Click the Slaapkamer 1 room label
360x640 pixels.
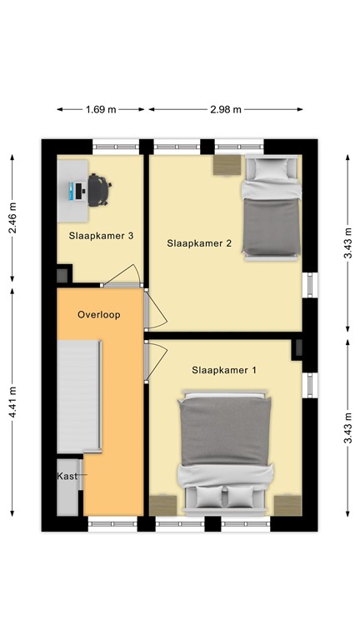pyautogui.click(x=224, y=370)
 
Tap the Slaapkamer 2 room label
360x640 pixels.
pyautogui.click(x=199, y=243)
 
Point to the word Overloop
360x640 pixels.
pyautogui.click(x=99, y=315)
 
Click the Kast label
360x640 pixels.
pyautogui.click(x=67, y=476)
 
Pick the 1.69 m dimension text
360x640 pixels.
pyautogui.click(x=101, y=109)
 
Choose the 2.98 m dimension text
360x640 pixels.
pyautogui.click(x=226, y=109)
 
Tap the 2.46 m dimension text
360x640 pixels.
pyautogui.click(x=13, y=218)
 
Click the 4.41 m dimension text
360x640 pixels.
pyautogui.click(x=13, y=402)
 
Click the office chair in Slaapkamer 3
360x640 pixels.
pyautogui.click(x=99, y=190)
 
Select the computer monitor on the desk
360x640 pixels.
pyautogui.click(x=72, y=191)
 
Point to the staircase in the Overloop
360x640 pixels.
pyautogui.click(x=79, y=397)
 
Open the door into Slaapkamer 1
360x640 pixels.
pyautogui.click(x=157, y=361)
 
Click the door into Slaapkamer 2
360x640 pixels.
pyautogui.click(x=156, y=309)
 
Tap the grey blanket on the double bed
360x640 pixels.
pyautogui.click(x=225, y=432)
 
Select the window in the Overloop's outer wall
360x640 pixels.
pyautogui.click(x=112, y=523)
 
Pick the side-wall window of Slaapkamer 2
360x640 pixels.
pyautogui.click(x=310, y=285)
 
